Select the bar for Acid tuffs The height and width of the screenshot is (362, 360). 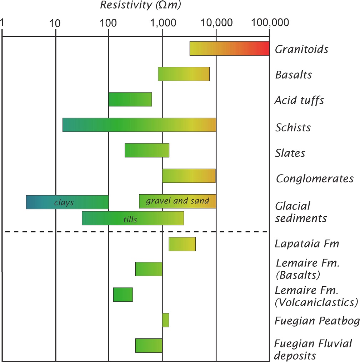tap(130, 99)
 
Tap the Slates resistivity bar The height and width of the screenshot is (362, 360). tap(147, 150)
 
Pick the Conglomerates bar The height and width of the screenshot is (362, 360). tap(189, 176)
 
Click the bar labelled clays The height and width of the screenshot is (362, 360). tap(67, 202)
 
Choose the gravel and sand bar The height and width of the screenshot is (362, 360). tap(177, 201)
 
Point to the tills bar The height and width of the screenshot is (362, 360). tap(133, 218)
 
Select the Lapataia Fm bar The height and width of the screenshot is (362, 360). tap(182, 244)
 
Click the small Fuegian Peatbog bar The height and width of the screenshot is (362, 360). tap(165, 320)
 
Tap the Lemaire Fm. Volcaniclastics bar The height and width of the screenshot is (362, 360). tap(123, 295)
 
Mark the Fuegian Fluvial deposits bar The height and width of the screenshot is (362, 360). tap(149, 345)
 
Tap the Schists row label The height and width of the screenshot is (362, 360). tap(293, 127)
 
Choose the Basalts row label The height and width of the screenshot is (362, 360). tap(294, 75)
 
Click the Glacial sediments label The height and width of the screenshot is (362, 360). tap(301, 212)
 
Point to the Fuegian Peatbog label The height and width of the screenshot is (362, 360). tap(317, 321)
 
